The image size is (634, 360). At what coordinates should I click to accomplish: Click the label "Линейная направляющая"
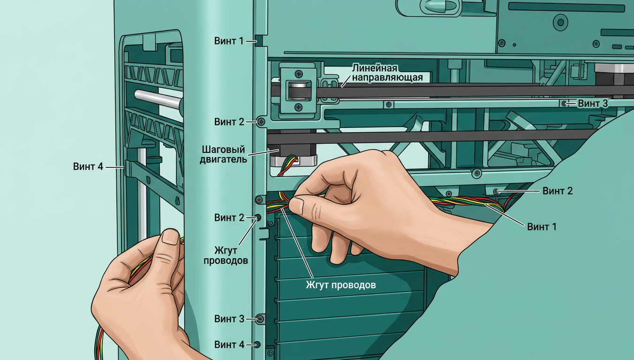[x=387, y=73]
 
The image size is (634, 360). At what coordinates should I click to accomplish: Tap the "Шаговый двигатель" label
[x=223, y=154]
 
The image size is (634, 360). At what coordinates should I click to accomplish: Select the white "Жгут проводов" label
[x=341, y=285]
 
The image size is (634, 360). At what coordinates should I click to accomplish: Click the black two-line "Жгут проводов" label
[x=226, y=255]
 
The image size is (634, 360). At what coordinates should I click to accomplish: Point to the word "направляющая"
[x=387, y=77]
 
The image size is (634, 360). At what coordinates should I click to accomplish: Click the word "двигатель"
[x=223, y=159]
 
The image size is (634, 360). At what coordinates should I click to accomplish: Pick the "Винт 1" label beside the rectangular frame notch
[x=229, y=41]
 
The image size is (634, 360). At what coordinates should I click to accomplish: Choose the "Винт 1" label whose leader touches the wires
[x=542, y=227]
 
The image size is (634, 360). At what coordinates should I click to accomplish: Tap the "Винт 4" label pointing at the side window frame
[x=88, y=166]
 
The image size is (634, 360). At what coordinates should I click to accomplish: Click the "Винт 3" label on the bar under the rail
[x=592, y=104]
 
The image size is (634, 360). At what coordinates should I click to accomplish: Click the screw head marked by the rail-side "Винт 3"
[x=564, y=104]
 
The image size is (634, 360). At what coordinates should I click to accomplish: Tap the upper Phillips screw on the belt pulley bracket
[x=299, y=74]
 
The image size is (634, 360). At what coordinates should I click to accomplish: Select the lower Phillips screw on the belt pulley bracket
[x=298, y=107]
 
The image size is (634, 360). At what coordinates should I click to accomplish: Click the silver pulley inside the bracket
[x=298, y=90]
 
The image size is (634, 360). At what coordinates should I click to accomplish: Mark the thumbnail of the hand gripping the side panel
[x=170, y=237]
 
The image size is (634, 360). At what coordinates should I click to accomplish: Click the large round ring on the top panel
[x=561, y=22]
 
